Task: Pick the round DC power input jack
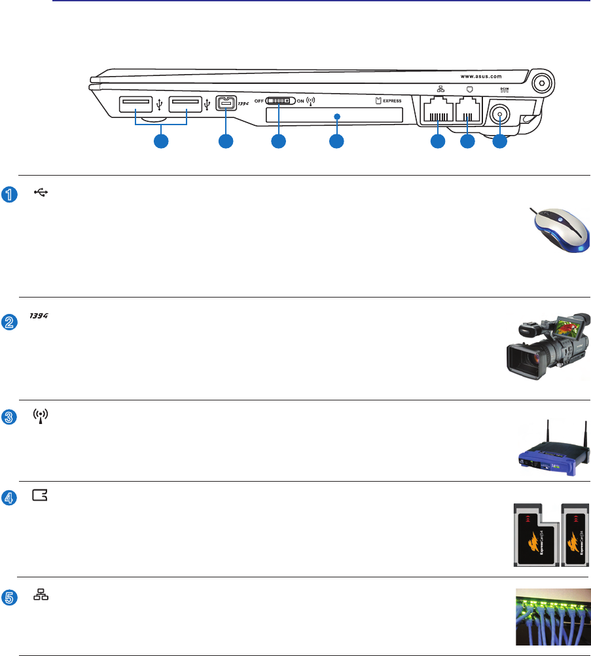click(x=501, y=114)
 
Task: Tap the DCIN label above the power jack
click(x=505, y=90)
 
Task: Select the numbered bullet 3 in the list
click(x=7, y=418)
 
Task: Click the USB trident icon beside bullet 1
click(x=41, y=193)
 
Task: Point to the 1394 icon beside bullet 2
click(x=41, y=317)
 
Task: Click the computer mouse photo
click(x=560, y=225)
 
